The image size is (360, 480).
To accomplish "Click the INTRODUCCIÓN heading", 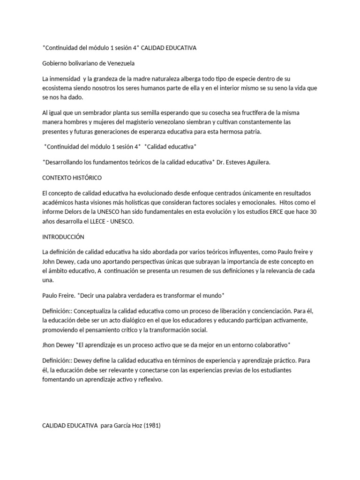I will click(x=63, y=237).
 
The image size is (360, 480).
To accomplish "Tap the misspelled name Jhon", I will click(x=50, y=345).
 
